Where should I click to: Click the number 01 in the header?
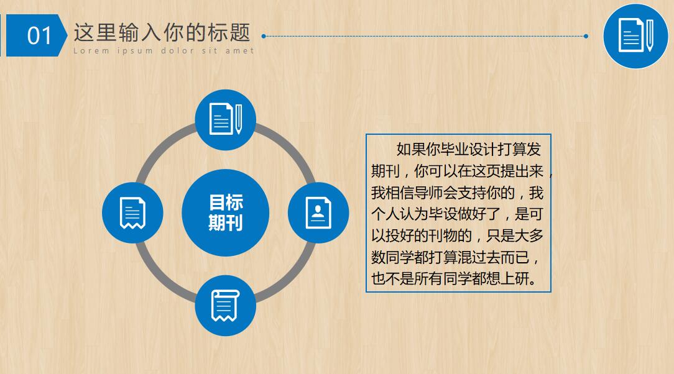pos(39,35)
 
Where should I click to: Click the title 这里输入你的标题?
pos(162,32)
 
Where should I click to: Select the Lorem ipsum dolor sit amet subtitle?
pos(164,51)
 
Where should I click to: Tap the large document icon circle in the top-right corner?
pos(635,35)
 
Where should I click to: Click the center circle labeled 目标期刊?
pos(226,212)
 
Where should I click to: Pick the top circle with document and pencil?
pos(225,119)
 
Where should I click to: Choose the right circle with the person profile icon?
pos(318,212)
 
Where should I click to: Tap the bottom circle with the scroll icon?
pos(225,305)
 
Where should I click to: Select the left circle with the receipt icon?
pos(132,212)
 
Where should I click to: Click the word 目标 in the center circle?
pos(226,203)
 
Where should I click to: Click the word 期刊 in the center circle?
pos(226,223)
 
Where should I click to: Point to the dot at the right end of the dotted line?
pos(586,36)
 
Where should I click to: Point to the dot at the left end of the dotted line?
pos(264,36)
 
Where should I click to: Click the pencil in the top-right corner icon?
pos(649,35)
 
